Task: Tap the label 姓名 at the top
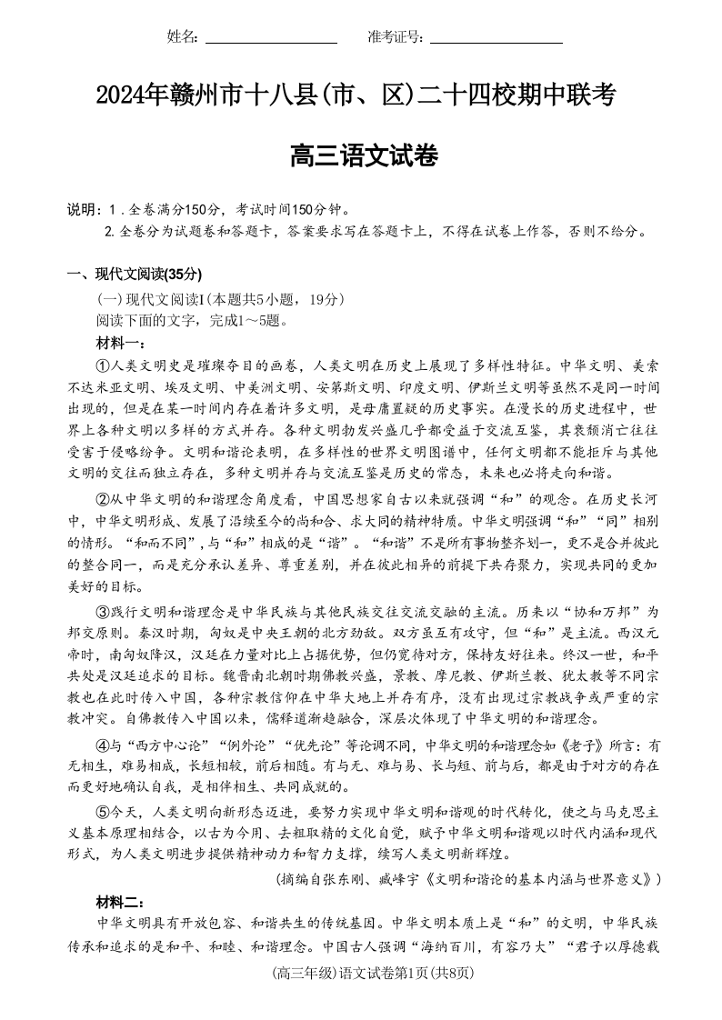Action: point(182,36)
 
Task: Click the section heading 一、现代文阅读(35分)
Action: point(135,275)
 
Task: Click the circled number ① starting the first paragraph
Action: point(103,366)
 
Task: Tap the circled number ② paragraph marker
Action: point(103,499)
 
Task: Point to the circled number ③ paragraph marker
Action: point(103,611)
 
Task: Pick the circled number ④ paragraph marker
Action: point(103,745)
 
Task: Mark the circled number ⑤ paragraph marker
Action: point(103,812)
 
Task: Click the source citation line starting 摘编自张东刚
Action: point(466,879)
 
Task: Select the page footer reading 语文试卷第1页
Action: point(360,974)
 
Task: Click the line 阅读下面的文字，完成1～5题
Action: point(191,320)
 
